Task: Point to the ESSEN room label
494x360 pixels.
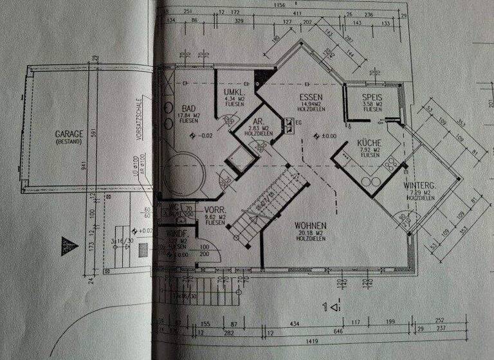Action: coord(311,98)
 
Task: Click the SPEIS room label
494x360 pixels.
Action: coord(372,97)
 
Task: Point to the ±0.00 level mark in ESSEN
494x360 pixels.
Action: coord(329,136)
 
